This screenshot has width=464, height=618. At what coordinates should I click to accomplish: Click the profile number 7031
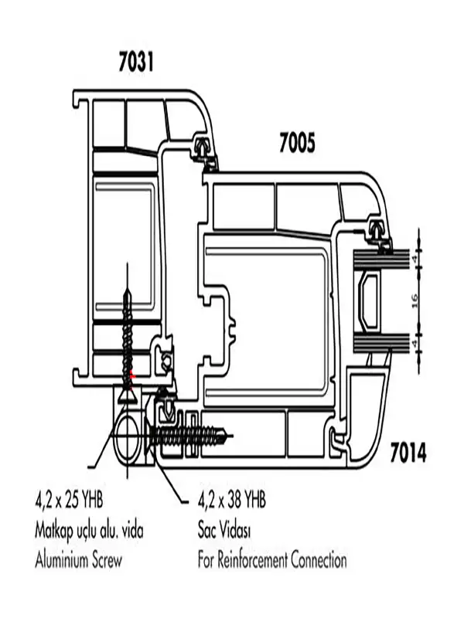pyautogui.click(x=136, y=63)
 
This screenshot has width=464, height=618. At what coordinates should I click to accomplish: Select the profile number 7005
pyautogui.click(x=297, y=143)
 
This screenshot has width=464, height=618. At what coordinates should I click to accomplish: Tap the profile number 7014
pyautogui.click(x=408, y=453)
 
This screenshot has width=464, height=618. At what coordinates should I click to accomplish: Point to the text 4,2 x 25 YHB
pyautogui.click(x=69, y=501)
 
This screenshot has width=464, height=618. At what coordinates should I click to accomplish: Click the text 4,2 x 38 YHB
pyautogui.click(x=231, y=501)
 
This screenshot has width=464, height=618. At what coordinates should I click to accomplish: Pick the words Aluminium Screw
pyautogui.click(x=79, y=559)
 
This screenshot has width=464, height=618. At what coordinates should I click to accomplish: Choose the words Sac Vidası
pyautogui.click(x=224, y=531)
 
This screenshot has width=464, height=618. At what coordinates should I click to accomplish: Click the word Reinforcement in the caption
pyautogui.click(x=253, y=559)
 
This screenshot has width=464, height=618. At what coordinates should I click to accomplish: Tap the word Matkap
pyautogui.click(x=54, y=531)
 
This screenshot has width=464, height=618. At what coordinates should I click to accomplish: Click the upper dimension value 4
pyautogui.click(x=415, y=260)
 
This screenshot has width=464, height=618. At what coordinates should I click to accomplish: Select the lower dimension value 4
pyautogui.click(x=415, y=343)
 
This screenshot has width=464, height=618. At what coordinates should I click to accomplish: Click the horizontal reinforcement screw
pyautogui.click(x=188, y=436)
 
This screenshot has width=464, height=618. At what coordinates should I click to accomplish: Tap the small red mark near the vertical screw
pyautogui.click(x=132, y=375)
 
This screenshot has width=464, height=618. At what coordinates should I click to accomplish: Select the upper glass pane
pyautogui.click(x=380, y=260)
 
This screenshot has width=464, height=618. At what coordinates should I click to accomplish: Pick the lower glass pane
pyautogui.click(x=380, y=343)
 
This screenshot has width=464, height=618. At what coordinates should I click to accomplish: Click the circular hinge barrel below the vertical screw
pyautogui.click(x=127, y=436)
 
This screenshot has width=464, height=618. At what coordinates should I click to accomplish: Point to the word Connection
pyautogui.click(x=319, y=559)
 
